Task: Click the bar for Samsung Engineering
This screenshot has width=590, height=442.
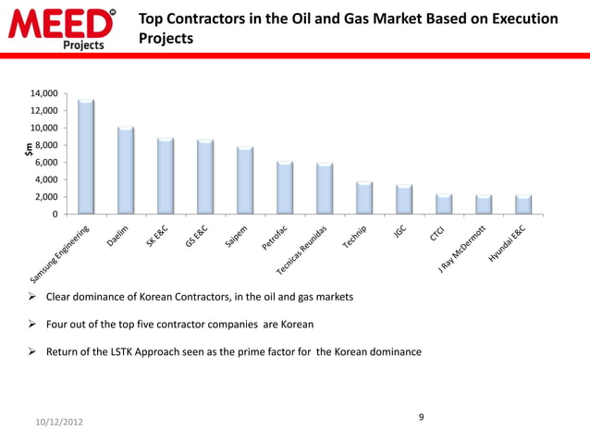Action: tap(86, 156)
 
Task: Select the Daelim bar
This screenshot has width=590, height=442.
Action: tap(126, 170)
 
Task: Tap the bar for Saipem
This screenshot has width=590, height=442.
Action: tap(245, 180)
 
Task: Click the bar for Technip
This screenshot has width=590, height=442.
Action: tap(364, 198)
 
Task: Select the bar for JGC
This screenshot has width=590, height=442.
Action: tap(404, 200)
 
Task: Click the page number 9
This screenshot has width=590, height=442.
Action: tap(421, 418)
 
